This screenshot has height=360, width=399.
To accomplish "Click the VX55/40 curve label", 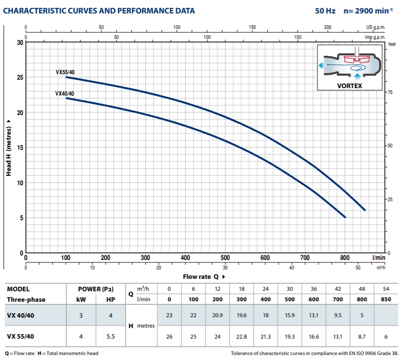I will coord(65,72).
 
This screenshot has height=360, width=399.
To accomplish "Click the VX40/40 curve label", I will coord(65,94).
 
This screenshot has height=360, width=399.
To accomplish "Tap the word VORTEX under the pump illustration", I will coord(350,86).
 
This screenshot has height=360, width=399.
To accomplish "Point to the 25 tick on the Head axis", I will coord(20,78).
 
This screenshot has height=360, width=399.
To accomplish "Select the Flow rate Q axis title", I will coord(200,276).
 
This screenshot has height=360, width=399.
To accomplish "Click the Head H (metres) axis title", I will coord(9,148).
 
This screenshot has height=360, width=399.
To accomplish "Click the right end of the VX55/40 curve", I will coord(365,210).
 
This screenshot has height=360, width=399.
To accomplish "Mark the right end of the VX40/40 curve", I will coord(345,218).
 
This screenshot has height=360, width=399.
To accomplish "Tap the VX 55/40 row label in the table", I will coord(21,336).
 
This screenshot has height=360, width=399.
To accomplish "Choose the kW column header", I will coord(80,300).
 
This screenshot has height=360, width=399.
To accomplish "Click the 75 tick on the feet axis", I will coord(391,92).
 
